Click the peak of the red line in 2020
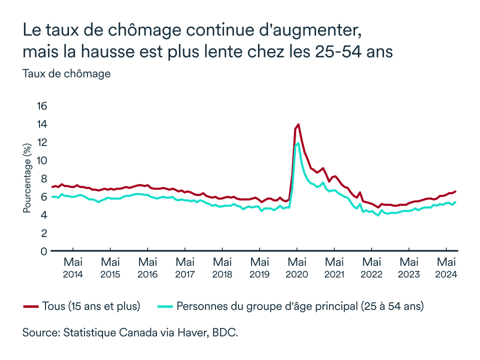298,124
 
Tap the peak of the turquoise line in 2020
298,143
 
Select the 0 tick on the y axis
44,251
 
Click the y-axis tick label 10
41,160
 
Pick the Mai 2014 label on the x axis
73,267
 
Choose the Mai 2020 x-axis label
297,267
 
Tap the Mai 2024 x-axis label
446,267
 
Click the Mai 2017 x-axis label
185,267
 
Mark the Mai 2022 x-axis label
371,267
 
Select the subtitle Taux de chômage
66,73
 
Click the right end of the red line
455,191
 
